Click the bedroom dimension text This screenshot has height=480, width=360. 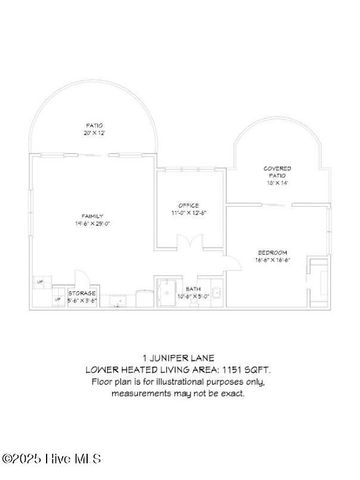point(271,258)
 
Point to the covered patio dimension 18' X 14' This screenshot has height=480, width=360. point(277,183)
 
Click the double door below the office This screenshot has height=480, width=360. point(185,243)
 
